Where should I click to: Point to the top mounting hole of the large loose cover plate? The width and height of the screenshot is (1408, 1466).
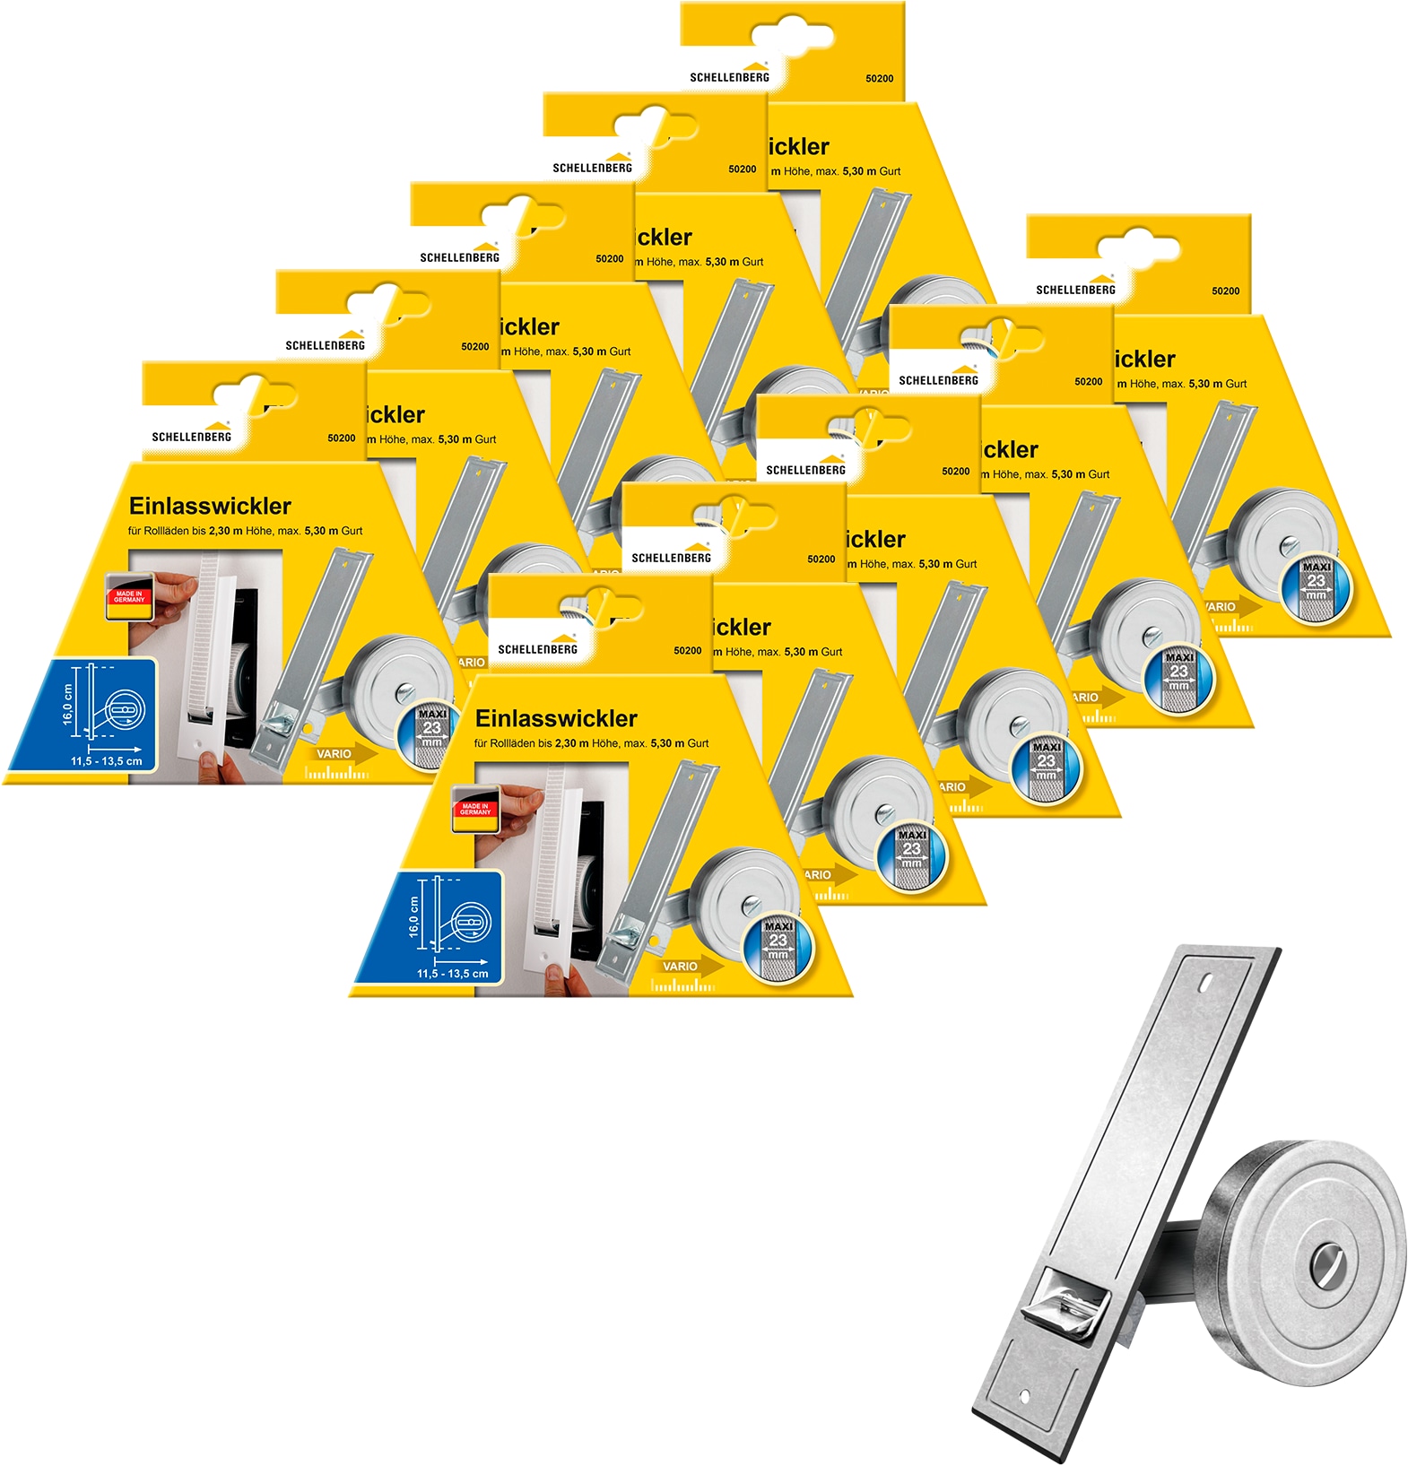(1204, 982)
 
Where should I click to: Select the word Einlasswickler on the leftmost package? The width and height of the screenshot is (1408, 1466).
(210, 506)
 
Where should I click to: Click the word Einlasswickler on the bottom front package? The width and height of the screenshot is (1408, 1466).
(556, 718)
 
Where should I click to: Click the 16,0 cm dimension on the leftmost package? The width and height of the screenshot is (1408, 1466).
(68, 705)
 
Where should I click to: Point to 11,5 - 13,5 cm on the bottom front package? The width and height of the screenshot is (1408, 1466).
(453, 973)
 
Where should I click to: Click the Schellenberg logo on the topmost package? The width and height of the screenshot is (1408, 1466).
(730, 74)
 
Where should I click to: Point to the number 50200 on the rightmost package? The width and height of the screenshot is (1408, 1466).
(1225, 291)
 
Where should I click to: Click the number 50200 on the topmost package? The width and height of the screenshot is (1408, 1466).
(879, 79)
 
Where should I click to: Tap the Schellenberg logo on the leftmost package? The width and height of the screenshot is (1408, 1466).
(192, 433)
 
